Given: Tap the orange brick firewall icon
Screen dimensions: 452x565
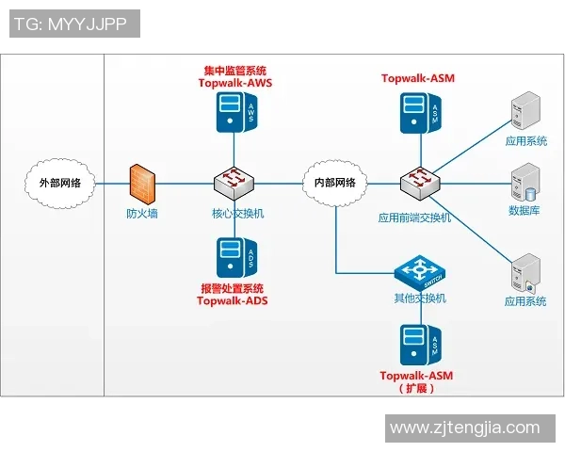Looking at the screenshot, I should point(142,182).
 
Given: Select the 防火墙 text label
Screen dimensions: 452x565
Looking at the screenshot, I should point(142,214).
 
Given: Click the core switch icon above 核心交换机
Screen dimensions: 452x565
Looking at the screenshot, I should point(232,182).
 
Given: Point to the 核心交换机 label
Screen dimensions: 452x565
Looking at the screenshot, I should point(237,214).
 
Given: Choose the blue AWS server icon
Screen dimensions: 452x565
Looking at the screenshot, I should point(234,115).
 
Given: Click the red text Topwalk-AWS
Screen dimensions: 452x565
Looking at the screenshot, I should point(234,83).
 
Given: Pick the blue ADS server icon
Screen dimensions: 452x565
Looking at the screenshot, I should point(234,256).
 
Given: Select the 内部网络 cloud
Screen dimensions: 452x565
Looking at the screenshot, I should point(334,183).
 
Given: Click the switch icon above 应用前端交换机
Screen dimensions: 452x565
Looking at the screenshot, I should point(416,182).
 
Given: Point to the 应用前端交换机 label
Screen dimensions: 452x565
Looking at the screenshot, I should point(415,218).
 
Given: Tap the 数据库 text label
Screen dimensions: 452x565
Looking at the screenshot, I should point(525,211).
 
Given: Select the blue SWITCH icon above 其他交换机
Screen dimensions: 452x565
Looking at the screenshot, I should point(419,273).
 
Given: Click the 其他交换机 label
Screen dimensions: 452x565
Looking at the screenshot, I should point(419,299).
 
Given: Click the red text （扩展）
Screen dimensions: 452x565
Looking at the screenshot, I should point(416,388).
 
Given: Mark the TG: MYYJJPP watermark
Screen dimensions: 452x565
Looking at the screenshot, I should point(74,24).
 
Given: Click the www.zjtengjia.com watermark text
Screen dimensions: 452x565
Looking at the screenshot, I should point(465,428).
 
